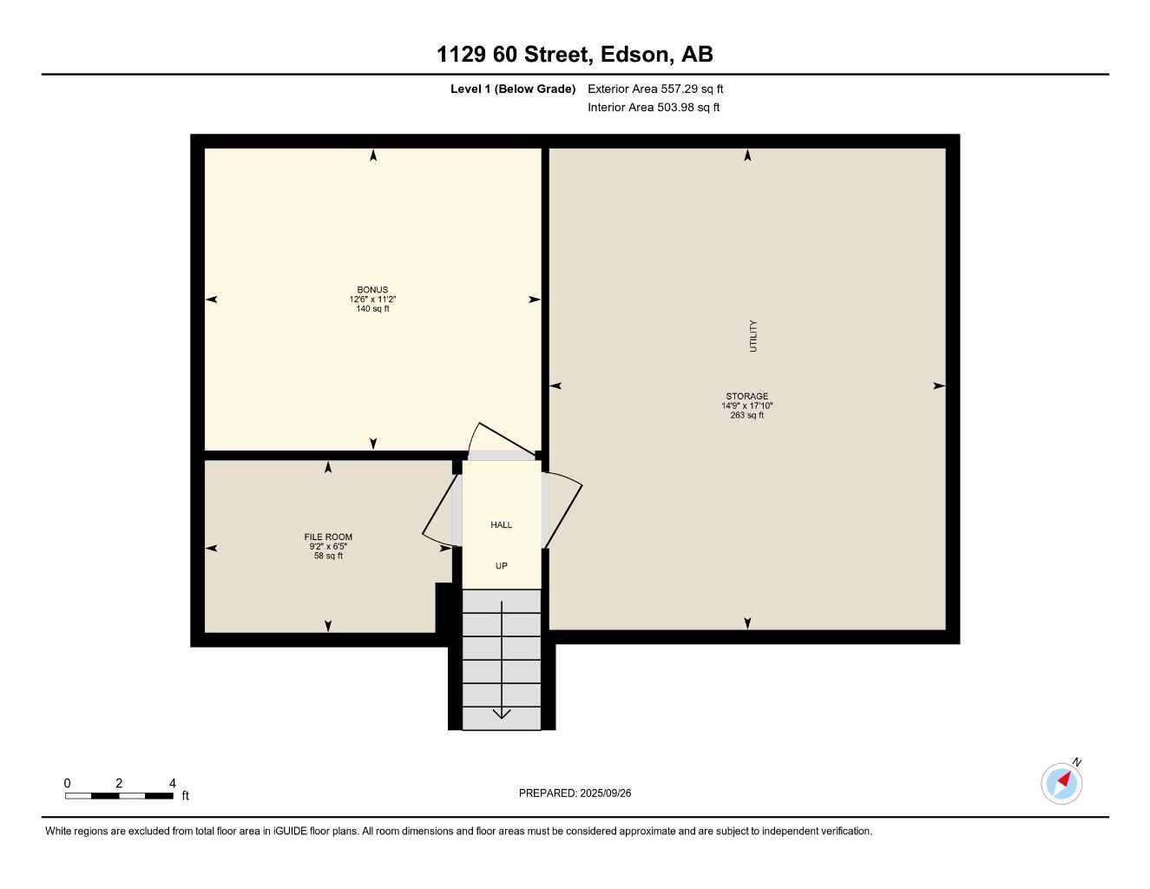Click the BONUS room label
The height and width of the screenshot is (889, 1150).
(x=372, y=290)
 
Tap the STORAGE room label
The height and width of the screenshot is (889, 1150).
(x=747, y=397)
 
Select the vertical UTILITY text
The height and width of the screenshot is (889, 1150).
(x=753, y=336)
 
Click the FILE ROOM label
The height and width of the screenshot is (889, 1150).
(x=328, y=537)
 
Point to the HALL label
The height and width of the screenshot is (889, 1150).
(x=501, y=525)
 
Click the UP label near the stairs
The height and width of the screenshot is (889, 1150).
(x=501, y=566)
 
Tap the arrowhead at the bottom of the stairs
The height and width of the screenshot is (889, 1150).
(x=502, y=714)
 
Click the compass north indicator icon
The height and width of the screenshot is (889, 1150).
(x=1061, y=783)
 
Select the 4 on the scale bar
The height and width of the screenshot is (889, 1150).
(x=173, y=783)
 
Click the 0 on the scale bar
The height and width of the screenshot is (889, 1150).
(x=67, y=783)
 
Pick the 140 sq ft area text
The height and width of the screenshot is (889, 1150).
(x=372, y=309)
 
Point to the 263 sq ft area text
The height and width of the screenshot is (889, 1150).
(x=747, y=416)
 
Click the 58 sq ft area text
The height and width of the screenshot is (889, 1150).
(x=328, y=556)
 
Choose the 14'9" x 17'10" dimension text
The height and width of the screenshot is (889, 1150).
(x=747, y=406)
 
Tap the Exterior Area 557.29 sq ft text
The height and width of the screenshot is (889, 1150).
(x=655, y=89)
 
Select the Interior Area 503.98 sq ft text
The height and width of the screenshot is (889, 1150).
(x=654, y=108)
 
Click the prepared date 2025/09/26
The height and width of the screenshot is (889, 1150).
(x=606, y=793)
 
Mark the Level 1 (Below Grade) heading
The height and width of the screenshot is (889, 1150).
(x=513, y=89)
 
